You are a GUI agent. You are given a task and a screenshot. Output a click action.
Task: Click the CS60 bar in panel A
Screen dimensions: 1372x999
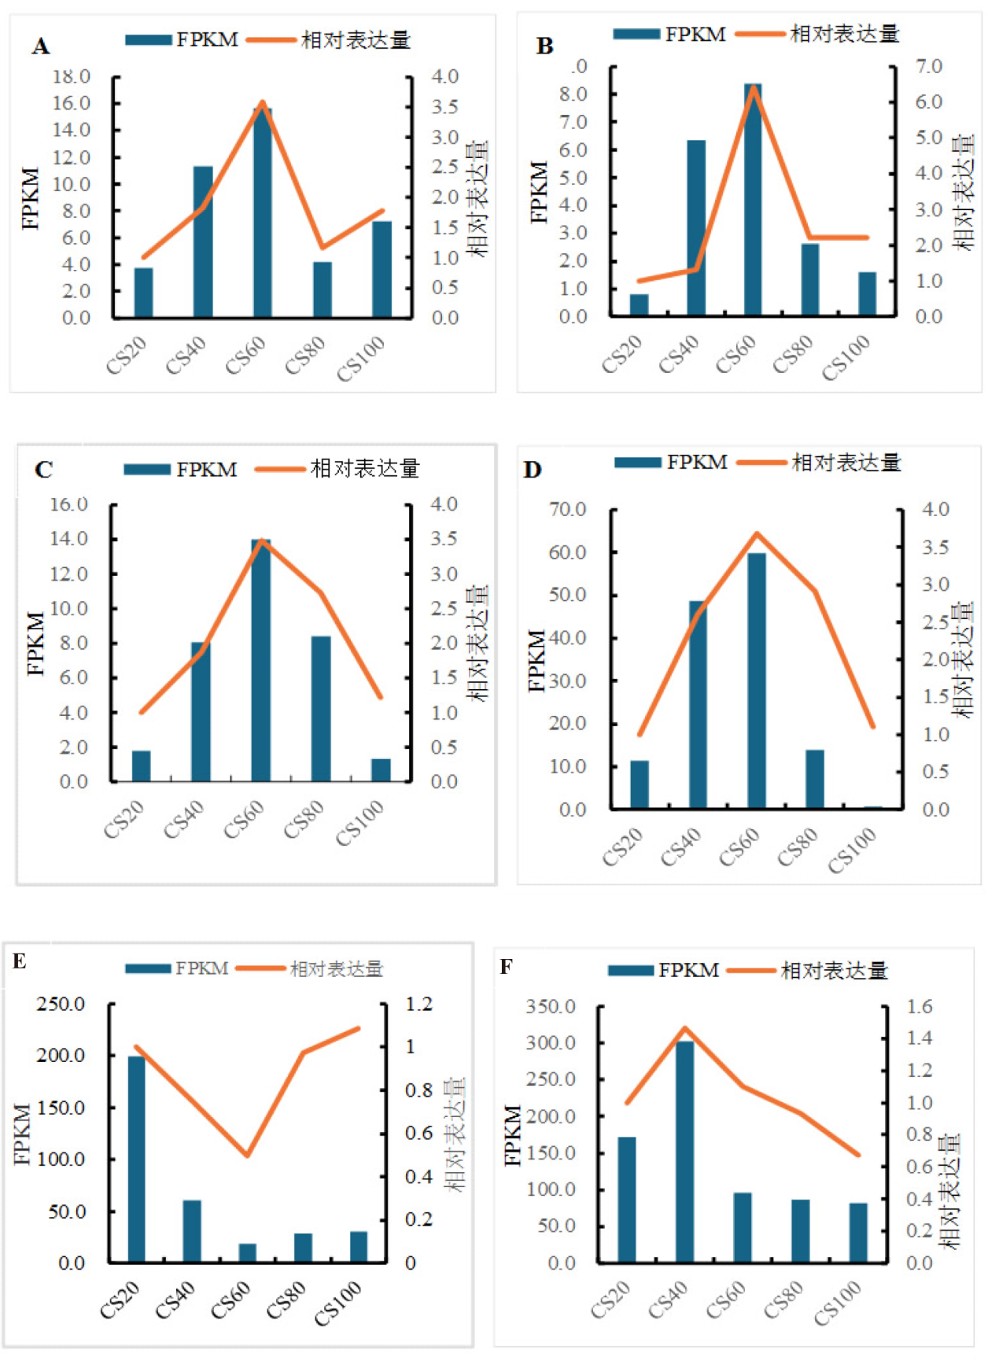click(x=263, y=212)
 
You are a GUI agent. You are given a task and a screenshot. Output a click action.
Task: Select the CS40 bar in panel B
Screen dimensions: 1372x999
click(x=696, y=228)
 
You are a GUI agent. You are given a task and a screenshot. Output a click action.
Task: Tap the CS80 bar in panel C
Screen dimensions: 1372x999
click(x=321, y=708)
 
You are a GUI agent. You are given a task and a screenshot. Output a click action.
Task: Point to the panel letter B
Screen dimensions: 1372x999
click(x=544, y=46)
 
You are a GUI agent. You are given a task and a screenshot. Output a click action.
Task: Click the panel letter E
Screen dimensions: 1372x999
click(x=20, y=961)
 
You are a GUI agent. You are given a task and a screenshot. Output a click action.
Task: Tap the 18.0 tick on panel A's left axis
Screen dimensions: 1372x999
click(x=72, y=76)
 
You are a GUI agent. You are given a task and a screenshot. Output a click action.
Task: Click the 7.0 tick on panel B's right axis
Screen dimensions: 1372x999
click(x=929, y=66)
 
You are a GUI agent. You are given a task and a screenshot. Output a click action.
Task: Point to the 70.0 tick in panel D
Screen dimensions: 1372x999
click(x=568, y=510)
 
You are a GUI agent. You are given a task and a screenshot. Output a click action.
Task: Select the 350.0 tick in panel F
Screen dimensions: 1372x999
click(x=551, y=1006)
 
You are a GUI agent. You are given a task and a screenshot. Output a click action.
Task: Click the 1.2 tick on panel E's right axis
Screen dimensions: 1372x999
click(x=419, y=1004)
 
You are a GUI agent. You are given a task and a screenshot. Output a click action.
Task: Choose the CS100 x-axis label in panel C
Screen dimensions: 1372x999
click(x=360, y=823)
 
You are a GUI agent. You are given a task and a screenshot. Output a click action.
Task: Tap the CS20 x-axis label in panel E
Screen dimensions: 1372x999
click(x=120, y=1300)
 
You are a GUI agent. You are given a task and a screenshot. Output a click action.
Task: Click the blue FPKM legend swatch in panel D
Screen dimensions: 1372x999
click(x=637, y=463)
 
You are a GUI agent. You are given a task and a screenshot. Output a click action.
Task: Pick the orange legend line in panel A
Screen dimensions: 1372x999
click(x=271, y=40)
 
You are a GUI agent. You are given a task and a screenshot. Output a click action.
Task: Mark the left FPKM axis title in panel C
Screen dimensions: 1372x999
click(x=35, y=644)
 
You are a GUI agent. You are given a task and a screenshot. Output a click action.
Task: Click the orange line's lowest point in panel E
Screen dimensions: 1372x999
click(x=248, y=1155)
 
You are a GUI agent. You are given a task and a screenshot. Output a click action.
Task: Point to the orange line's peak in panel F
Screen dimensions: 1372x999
click(x=684, y=1027)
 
